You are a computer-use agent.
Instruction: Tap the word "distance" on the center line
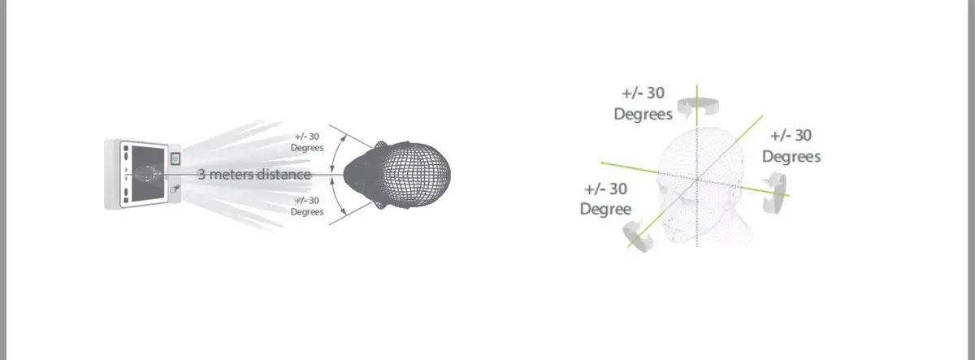pyautogui.click(x=284, y=175)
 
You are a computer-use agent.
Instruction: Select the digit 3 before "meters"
pyautogui.click(x=201, y=175)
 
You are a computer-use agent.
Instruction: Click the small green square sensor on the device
pyautogui.click(x=175, y=159)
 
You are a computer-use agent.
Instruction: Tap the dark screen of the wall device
pyautogui.click(x=148, y=174)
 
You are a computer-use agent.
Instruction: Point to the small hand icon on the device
pyautogui.click(x=175, y=189)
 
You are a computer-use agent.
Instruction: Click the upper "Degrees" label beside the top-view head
pyautogui.click(x=307, y=148)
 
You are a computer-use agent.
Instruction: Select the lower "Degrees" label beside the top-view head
pyautogui.click(x=307, y=211)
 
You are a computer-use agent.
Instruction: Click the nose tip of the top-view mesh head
pyautogui.click(x=345, y=175)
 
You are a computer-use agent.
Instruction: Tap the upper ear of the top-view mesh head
pyautogui.click(x=381, y=145)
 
